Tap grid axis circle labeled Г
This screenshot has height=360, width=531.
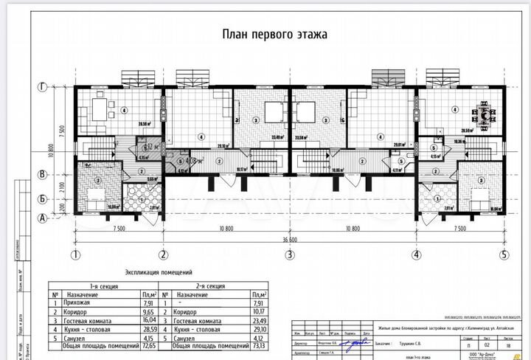coord(44,87)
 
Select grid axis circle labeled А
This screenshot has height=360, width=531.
coord(44,217)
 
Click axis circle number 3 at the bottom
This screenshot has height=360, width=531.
coord(290,255)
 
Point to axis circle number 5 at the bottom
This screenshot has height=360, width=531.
coord(504,255)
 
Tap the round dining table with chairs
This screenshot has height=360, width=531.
coord(484,114)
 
